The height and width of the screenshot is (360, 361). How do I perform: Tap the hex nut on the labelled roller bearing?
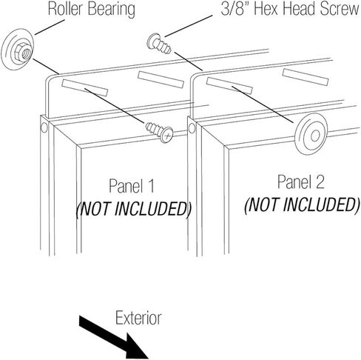[x=23, y=52]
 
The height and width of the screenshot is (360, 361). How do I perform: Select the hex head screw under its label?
[x=159, y=44]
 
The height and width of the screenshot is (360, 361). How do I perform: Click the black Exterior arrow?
[x=114, y=336]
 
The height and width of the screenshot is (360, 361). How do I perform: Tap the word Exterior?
[x=138, y=318]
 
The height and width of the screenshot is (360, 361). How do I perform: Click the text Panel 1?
[x=132, y=186]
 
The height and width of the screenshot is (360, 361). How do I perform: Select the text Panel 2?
[x=301, y=182]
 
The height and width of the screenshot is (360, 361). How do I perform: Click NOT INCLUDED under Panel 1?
[x=134, y=209]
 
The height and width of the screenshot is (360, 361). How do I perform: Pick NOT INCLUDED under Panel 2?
[x=303, y=204]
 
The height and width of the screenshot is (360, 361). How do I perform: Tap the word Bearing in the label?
[x=112, y=10]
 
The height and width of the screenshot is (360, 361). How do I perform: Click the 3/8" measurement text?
[x=235, y=9]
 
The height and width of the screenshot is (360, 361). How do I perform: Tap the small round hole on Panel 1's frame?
[x=44, y=127]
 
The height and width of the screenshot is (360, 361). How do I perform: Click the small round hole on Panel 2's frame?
[x=192, y=128]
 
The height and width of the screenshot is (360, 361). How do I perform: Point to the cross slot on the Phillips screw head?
[x=167, y=136]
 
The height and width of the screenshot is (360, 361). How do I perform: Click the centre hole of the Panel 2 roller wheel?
[x=315, y=136]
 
